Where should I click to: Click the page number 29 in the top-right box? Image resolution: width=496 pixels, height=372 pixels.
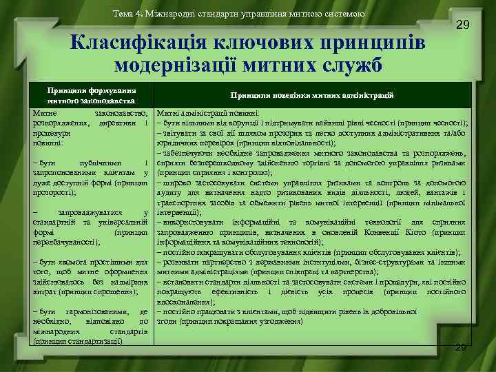[464, 25]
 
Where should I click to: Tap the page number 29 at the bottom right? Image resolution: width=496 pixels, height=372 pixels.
[461, 347]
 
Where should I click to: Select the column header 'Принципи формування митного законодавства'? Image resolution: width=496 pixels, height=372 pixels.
[92, 96]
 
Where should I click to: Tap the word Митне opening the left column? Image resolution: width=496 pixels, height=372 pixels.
[48, 113]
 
